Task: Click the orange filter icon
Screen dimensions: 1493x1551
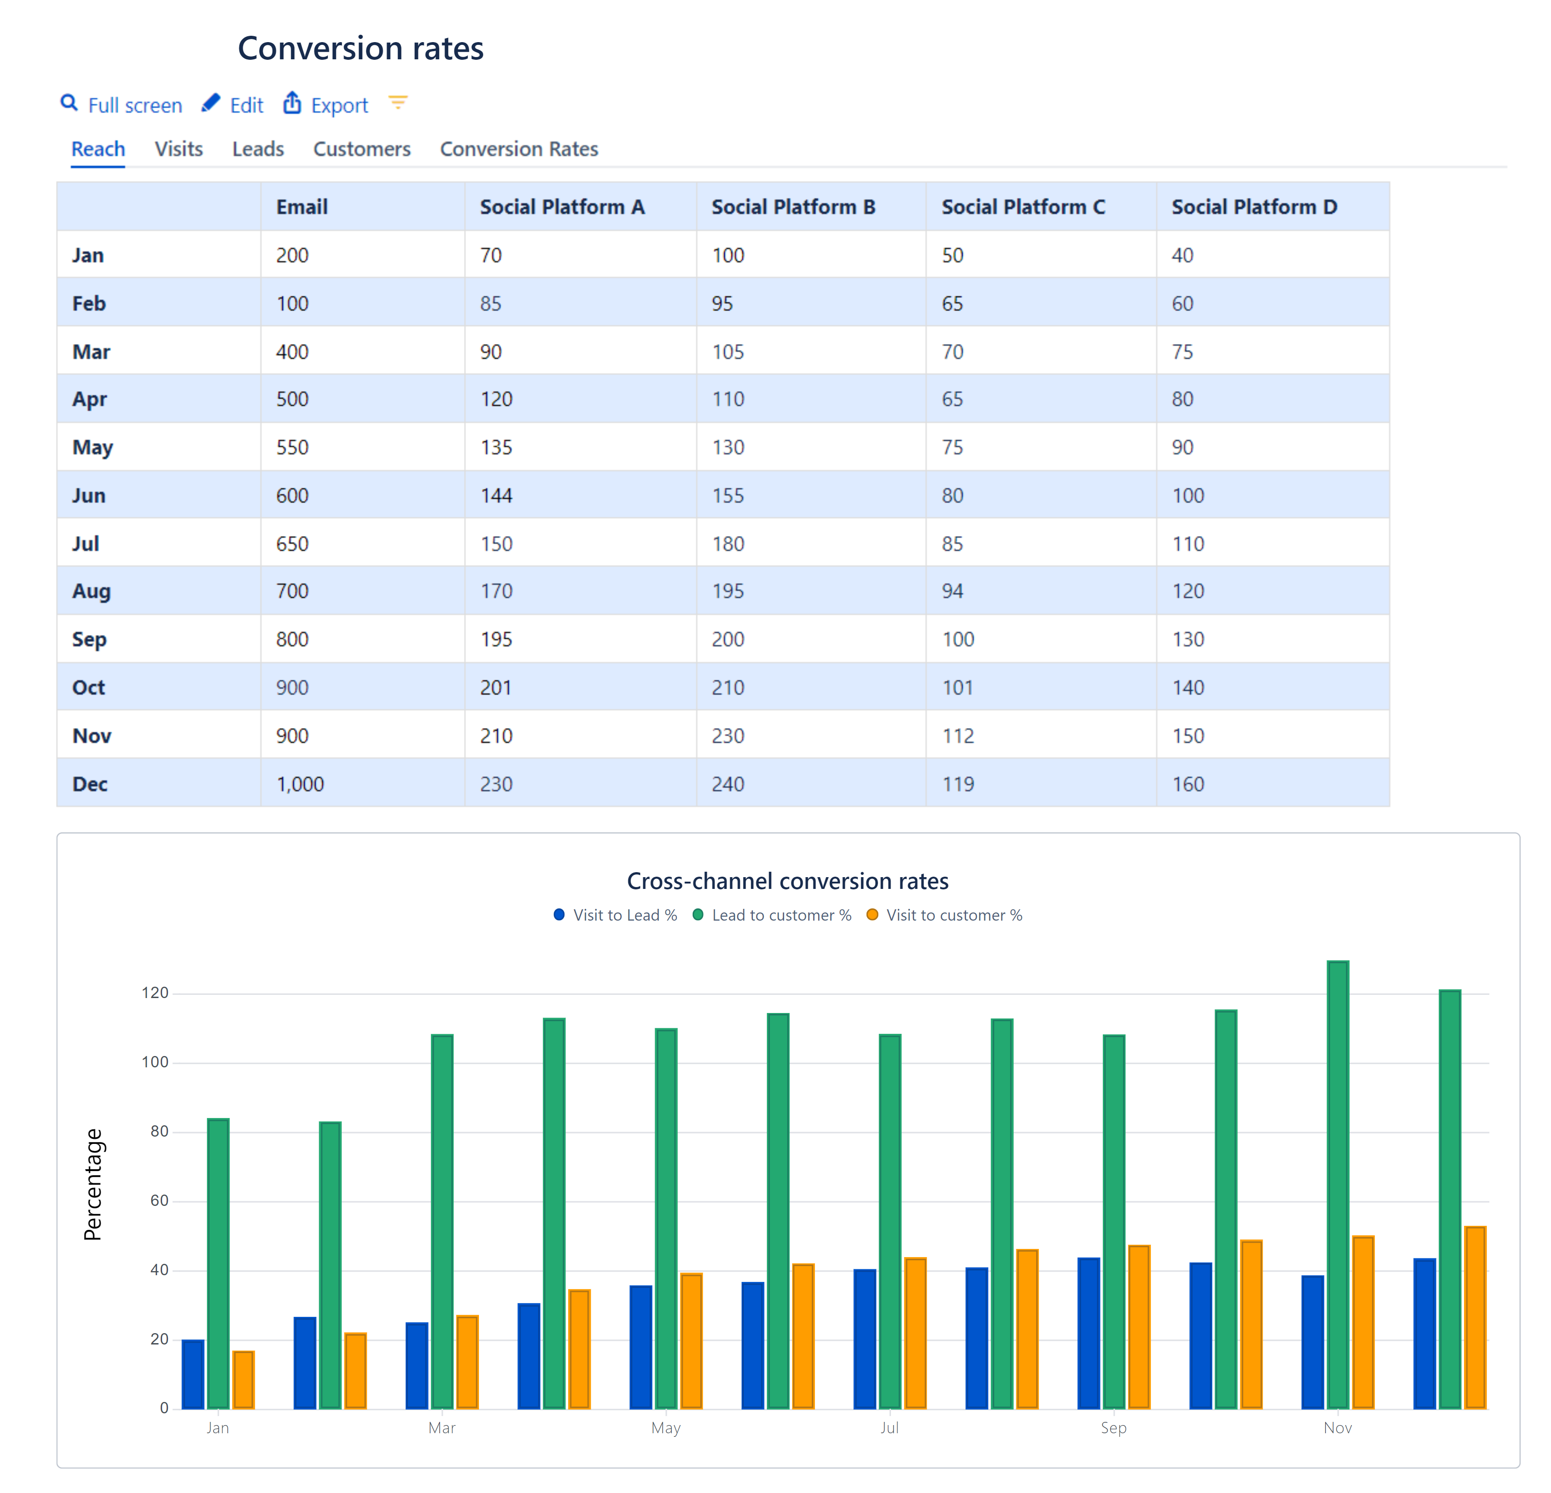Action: point(398,103)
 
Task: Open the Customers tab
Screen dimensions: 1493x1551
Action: point(362,149)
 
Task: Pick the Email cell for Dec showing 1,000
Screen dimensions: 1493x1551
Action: point(300,784)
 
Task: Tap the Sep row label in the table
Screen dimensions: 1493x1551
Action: point(90,640)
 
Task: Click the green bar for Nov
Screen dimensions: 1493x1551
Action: point(1337,1187)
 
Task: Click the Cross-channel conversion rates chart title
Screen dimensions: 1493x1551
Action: point(787,881)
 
